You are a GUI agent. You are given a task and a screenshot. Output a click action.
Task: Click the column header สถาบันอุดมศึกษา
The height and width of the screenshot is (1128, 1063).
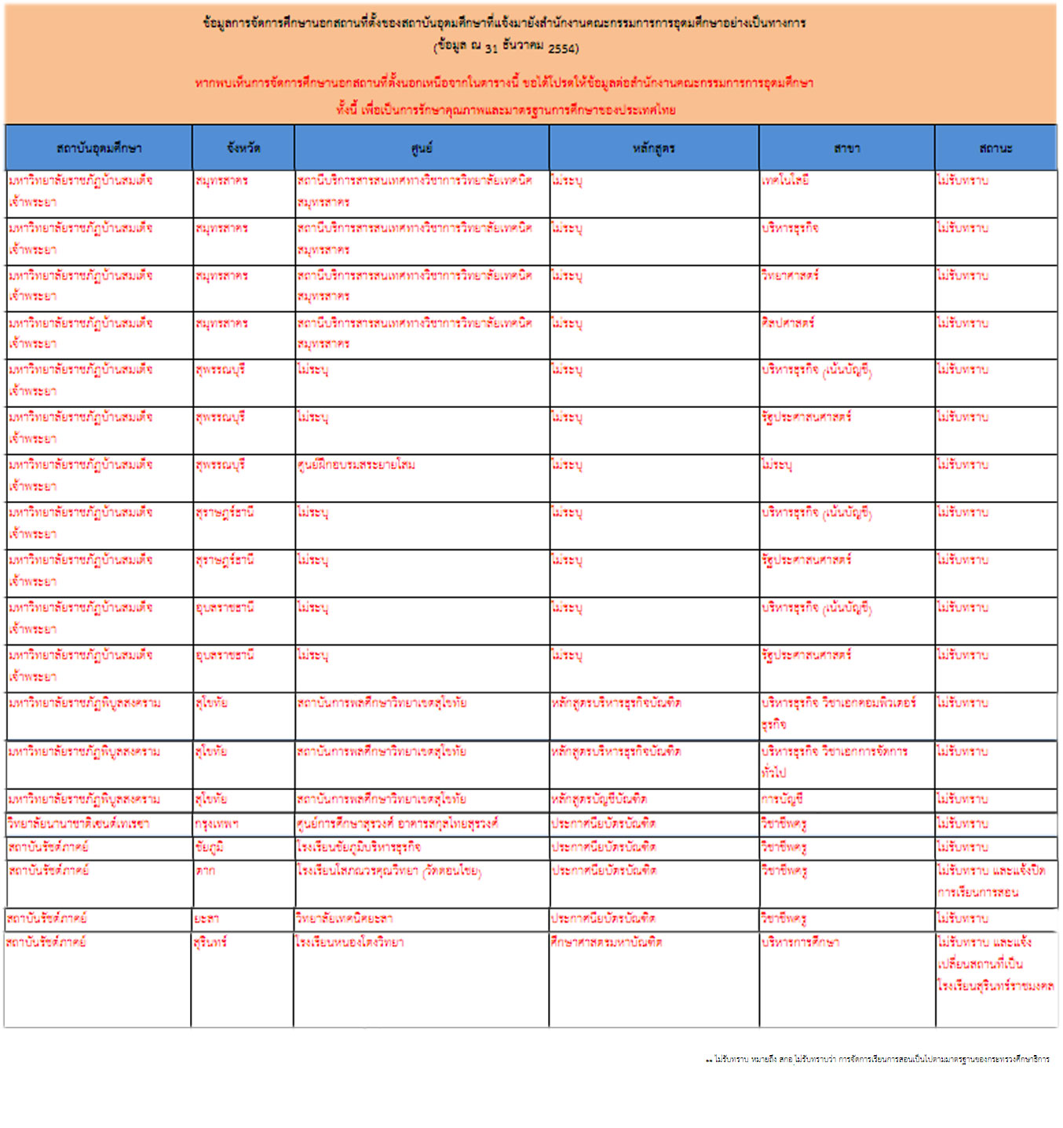coord(99,148)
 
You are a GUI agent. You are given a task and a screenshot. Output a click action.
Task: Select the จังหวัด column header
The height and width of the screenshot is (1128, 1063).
coord(243,148)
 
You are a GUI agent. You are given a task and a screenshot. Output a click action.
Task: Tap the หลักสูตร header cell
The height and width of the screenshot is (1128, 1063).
coord(654,148)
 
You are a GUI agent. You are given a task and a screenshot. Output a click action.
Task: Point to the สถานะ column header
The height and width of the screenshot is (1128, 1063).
coord(995,148)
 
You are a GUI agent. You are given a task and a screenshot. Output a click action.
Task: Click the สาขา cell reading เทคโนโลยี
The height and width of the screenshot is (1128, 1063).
coord(785,180)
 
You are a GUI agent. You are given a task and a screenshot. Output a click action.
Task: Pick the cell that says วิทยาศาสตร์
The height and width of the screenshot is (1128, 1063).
coord(790,275)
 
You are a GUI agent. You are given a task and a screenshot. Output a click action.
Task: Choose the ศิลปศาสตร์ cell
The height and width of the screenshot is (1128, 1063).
coord(787,322)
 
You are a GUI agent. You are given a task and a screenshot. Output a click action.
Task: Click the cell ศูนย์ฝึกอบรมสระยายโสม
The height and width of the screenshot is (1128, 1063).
coord(356,464)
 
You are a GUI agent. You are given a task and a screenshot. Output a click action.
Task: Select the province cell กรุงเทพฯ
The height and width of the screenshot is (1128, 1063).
coord(217,824)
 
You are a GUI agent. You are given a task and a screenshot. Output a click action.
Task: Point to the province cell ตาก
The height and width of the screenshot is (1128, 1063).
coord(206,871)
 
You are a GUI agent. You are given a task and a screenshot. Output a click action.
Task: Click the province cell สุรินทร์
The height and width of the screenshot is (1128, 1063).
coord(210,942)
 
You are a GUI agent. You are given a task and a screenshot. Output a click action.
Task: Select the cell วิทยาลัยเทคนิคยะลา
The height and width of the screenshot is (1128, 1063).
coord(345,919)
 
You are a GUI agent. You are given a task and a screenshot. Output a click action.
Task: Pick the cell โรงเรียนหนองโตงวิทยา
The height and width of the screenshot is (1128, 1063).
coord(350,942)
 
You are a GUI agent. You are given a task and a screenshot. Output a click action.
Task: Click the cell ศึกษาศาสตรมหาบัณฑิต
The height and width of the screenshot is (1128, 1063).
coord(606,942)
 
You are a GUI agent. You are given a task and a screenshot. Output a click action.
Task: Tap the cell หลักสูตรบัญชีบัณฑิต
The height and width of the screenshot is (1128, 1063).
coord(599,799)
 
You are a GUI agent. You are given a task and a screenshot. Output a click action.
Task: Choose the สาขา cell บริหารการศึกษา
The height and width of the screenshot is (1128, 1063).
coord(800,942)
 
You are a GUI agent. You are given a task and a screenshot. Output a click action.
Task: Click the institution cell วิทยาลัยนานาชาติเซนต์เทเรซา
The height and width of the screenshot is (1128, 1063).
coord(79,824)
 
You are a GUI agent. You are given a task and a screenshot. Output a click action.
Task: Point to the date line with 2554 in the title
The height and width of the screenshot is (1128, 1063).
coord(506,46)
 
